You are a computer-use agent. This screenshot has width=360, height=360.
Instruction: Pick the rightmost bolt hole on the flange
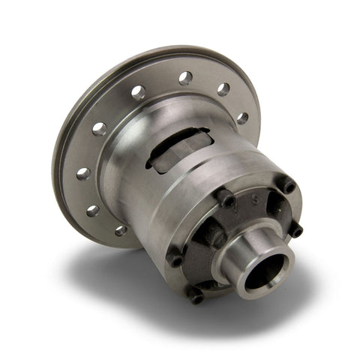pyautogui.click(x=241, y=118)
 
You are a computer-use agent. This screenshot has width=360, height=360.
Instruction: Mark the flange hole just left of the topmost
pyautogui.click(x=139, y=92)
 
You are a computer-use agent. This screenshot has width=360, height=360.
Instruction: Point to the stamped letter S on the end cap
pyautogui.click(x=255, y=197)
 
